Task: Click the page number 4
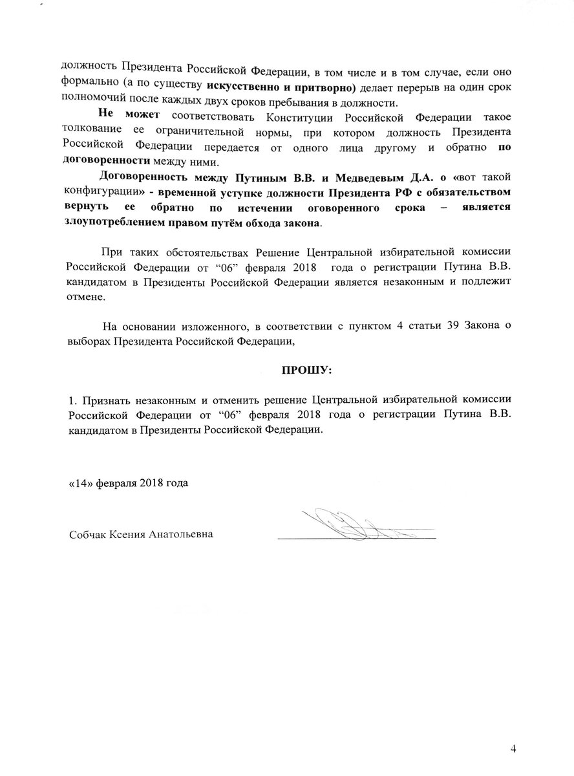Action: (513, 749)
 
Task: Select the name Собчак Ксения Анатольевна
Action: (140, 535)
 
